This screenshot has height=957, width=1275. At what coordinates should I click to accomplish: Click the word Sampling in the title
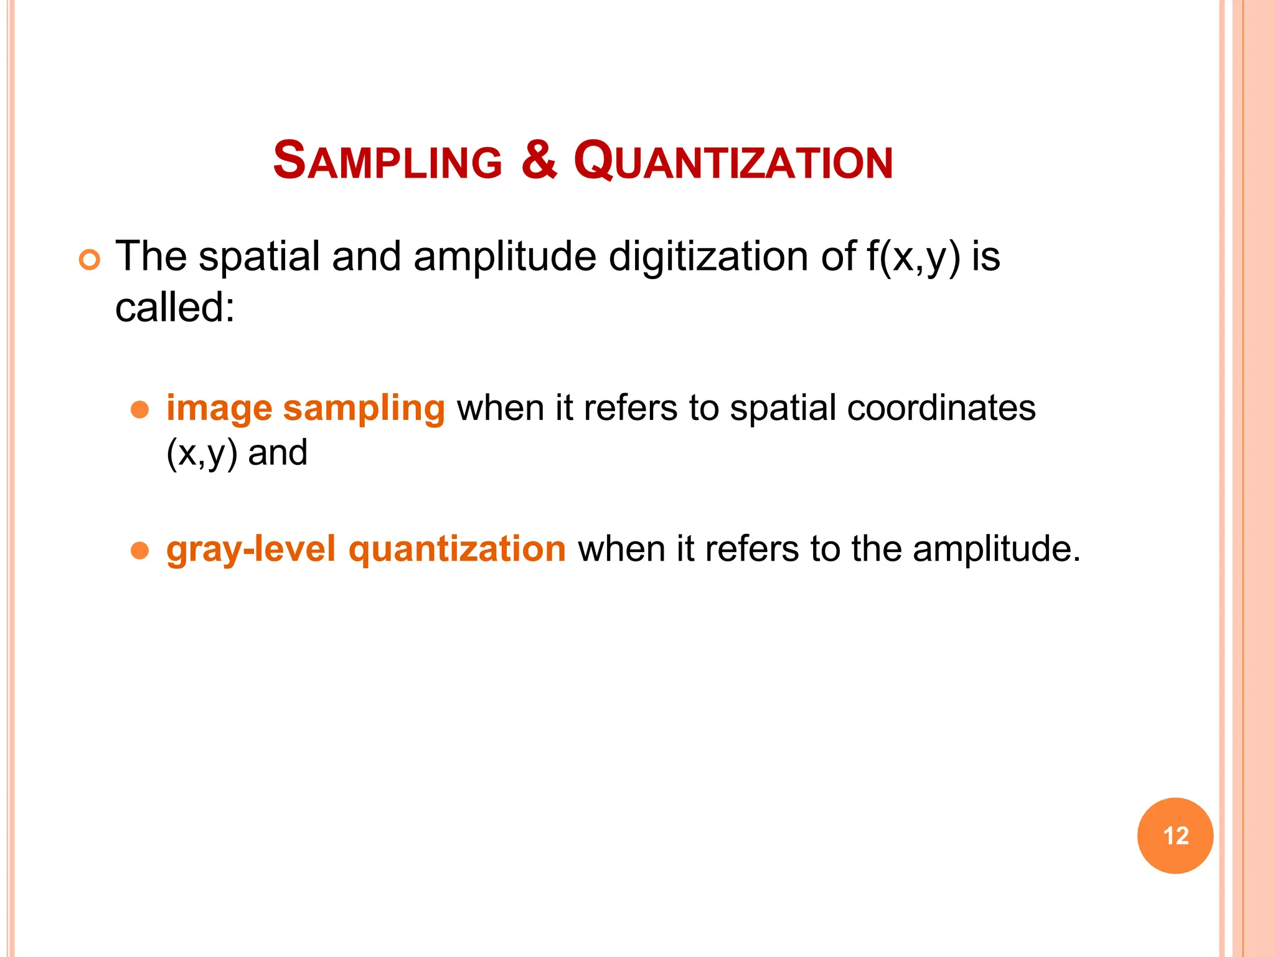pos(387,161)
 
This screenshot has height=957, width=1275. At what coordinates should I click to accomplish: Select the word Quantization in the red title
pos(733,162)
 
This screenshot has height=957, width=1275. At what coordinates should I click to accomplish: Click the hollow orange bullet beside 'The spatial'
pos(90,260)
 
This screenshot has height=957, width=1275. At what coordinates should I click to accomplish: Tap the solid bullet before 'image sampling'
pos(140,409)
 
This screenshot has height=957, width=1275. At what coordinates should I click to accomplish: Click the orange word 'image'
pos(219,409)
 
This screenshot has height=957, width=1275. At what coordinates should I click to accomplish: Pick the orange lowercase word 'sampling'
pos(364,409)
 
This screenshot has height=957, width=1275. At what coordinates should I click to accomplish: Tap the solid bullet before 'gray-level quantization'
pos(140,550)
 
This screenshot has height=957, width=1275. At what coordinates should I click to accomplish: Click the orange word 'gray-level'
pos(251,550)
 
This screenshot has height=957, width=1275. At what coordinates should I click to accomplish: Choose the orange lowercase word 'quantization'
pos(457,550)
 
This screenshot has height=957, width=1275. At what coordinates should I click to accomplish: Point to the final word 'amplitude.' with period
pos(996,550)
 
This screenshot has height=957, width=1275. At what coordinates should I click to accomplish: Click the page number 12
pos(1175,836)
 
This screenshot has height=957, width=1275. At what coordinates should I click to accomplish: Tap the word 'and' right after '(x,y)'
pos(278,453)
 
